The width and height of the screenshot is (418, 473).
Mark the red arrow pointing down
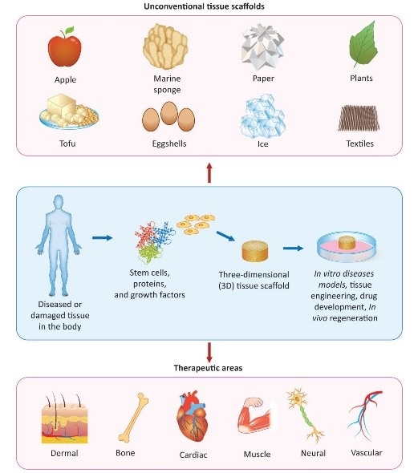point(209,351)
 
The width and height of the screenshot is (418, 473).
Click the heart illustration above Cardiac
point(193,418)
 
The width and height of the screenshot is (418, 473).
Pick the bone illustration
point(133,418)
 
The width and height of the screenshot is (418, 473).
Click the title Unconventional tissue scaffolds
point(209,6)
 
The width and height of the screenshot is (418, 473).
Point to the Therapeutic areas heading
point(209,370)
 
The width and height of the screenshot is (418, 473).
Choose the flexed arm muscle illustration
point(256,421)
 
